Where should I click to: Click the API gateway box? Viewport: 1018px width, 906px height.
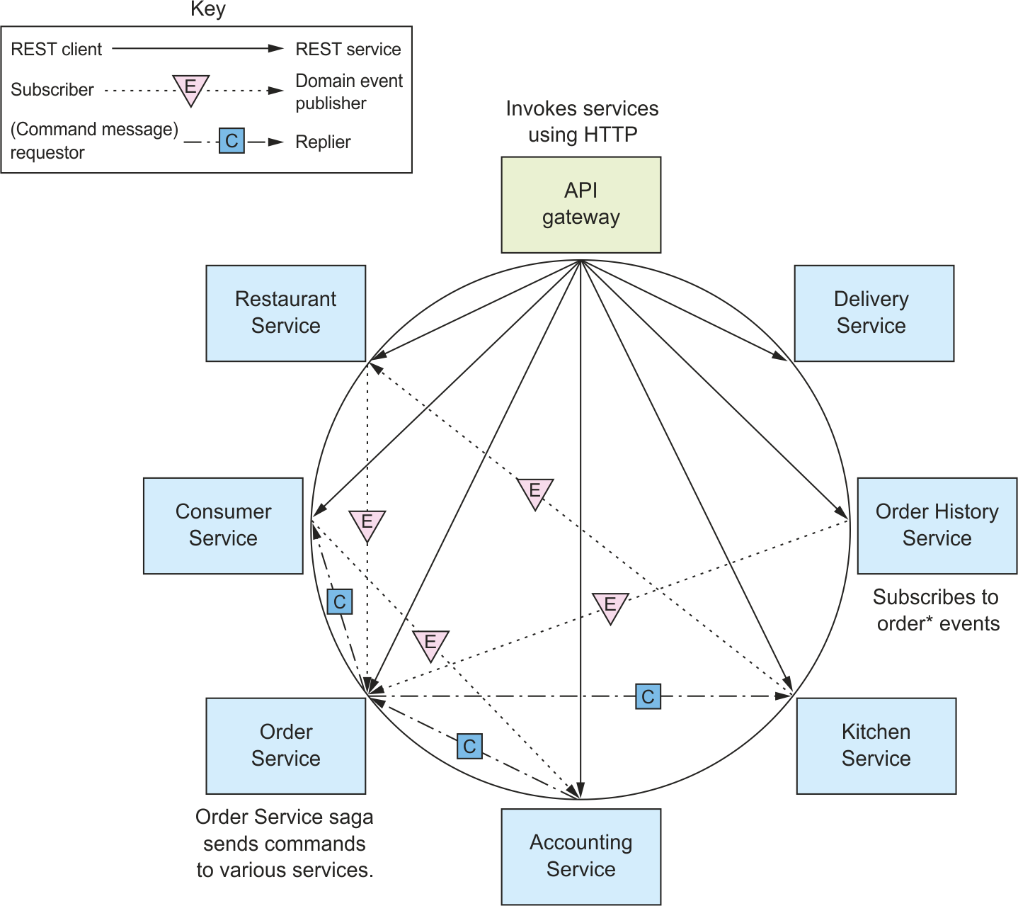pyautogui.click(x=581, y=205)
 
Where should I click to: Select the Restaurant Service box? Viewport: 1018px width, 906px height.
pyautogui.click(x=285, y=313)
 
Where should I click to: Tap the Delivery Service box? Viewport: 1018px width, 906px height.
pyautogui.click(x=874, y=313)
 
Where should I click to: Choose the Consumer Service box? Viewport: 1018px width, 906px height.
pyautogui.click(x=223, y=526)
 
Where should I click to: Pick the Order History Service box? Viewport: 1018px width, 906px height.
pyautogui.click(x=937, y=526)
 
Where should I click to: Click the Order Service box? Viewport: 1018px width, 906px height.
pyautogui.click(x=285, y=746)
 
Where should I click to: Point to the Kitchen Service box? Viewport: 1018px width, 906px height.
pyautogui.click(x=876, y=746)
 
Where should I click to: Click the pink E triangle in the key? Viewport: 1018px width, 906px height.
pyautogui.click(x=190, y=89)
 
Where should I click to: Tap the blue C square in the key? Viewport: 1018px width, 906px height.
pyautogui.click(x=231, y=140)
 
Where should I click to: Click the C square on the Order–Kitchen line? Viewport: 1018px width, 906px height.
pyautogui.click(x=648, y=696)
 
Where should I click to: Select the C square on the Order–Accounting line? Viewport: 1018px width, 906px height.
pyautogui.click(x=469, y=746)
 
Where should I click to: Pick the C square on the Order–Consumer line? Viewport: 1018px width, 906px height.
pyautogui.click(x=339, y=601)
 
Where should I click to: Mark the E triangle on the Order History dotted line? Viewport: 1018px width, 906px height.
pyautogui.click(x=610, y=607)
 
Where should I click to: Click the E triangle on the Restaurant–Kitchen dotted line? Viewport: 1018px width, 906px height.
pyautogui.click(x=534, y=493)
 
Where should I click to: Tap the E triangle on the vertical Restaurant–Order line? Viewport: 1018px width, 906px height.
pyautogui.click(x=367, y=525)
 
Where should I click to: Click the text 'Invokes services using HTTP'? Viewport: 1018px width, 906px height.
pyautogui.click(x=582, y=121)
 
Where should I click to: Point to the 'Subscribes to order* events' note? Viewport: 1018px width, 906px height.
pyautogui.click(x=937, y=610)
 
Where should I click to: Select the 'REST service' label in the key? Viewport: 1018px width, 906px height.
pyautogui.click(x=348, y=50)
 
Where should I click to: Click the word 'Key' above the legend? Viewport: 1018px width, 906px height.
pyautogui.click(x=207, y=9)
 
